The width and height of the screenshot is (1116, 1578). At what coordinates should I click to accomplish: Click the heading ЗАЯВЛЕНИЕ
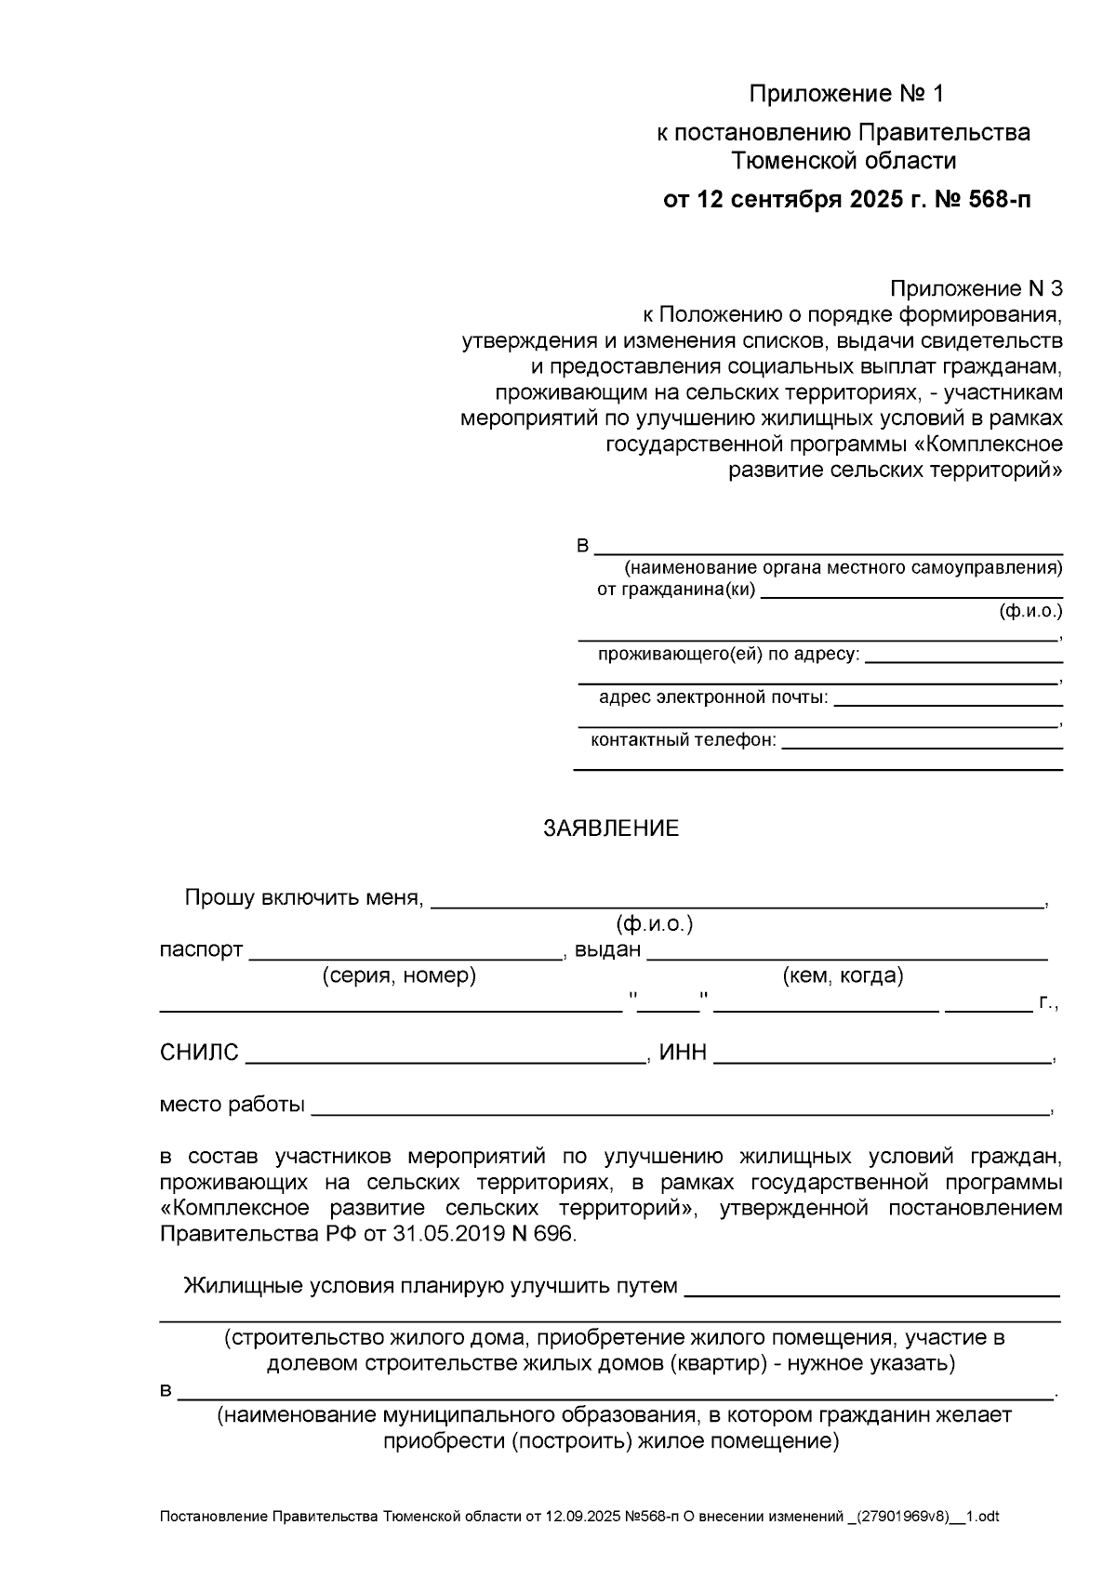coord(611,829)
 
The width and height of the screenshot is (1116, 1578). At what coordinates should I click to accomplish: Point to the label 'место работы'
coord(232,1105)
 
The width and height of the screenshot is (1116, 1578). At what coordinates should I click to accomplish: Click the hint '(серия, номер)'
coord(399,975)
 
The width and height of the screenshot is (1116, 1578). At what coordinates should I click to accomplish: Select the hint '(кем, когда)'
coord(844,975)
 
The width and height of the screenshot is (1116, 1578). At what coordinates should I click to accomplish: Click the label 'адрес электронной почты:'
coord(713,697)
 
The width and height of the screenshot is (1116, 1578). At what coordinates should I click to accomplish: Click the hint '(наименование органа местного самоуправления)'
coord(843,567)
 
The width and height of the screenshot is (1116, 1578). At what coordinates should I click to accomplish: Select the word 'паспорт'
coord(201,950)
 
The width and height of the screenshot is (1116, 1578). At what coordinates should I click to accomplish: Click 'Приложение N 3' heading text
coord(976,288)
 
